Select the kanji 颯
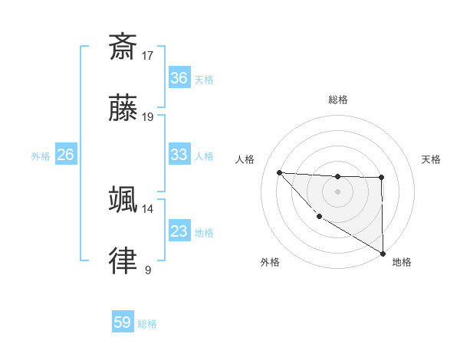[x=123, y=199]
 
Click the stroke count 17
[x=148, y=55]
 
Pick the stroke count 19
[x=148, y=117]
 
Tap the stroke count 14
[x=147, y=208]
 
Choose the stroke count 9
[x=147, y=270]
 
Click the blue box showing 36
[x=179, y=78]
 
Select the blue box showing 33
[x=179, y=155]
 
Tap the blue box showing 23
[x=179, y=231]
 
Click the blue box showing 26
[x=65, y=155]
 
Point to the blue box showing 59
[x=123, y=322]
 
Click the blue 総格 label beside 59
[x=147, y=324]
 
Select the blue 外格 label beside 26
[x=41, y=156]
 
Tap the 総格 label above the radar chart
[x=338, y=100]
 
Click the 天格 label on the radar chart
[x=431, y=159]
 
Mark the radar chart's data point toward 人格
[x=279, y=172]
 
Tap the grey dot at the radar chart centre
[x=337, y=191]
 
